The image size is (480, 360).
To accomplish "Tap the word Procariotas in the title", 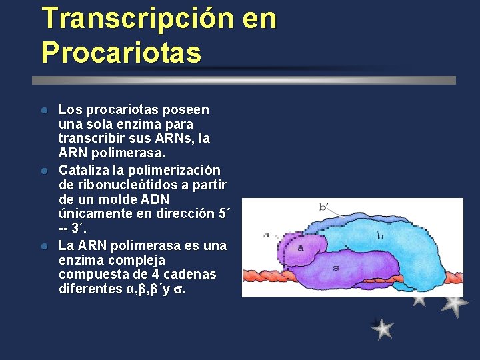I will (121, 53).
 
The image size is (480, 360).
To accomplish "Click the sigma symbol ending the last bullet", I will (180, 290).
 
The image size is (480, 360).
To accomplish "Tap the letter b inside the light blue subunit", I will (379, 235).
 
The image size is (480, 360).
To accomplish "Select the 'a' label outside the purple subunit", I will (267, 234).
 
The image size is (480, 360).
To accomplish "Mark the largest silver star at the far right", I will (455, 303).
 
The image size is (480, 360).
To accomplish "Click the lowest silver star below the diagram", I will (383, 328).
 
